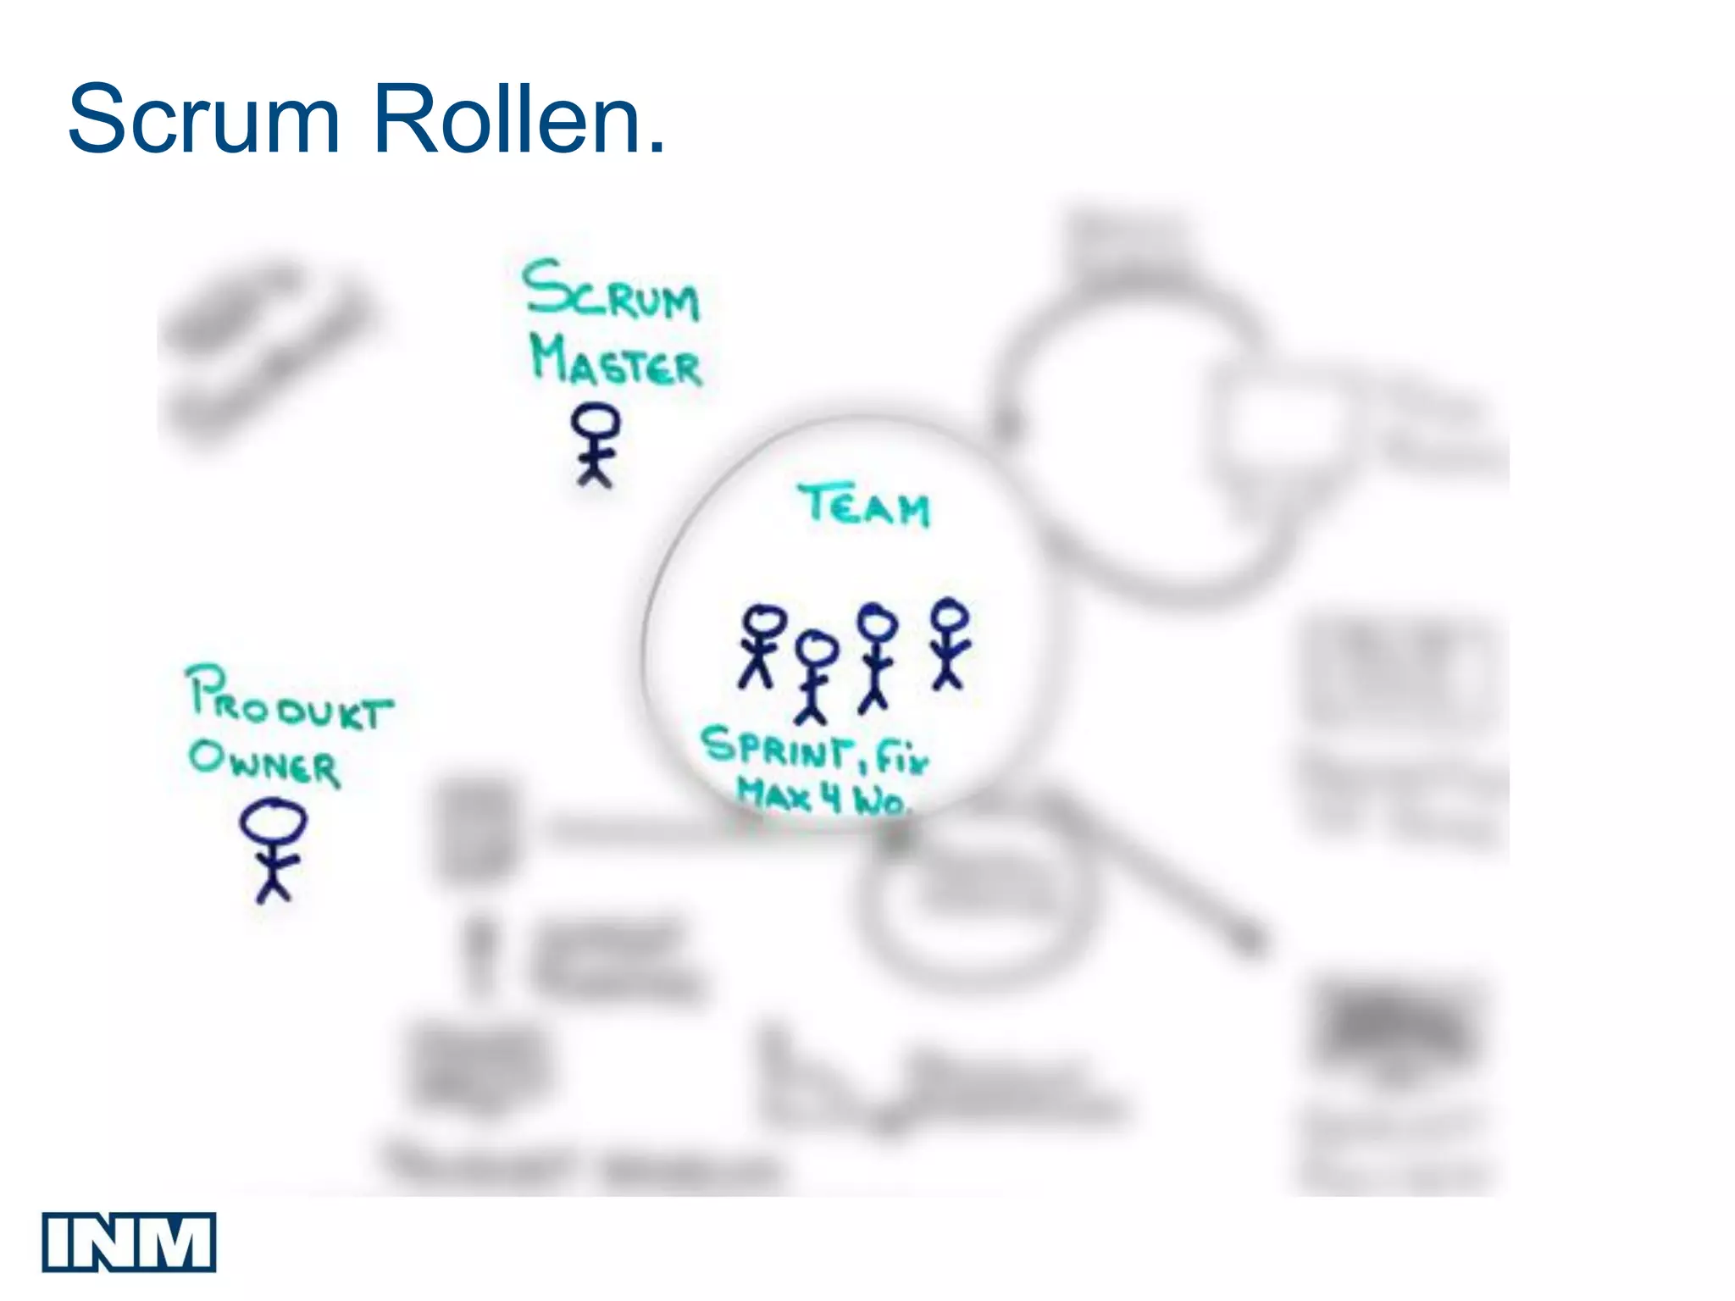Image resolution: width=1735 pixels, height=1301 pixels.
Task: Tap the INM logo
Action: pos(129,1242)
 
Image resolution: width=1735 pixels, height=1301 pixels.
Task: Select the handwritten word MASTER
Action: pos(616,362)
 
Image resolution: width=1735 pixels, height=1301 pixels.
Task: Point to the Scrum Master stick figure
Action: pos(595,445)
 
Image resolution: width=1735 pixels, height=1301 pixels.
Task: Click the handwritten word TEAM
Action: pos(864,506)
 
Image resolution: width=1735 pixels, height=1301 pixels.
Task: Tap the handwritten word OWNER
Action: pos(264,762)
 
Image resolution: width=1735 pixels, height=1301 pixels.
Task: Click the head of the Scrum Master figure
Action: pos(595,420)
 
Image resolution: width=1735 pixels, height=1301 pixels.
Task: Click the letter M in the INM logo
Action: pos(180,1242)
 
